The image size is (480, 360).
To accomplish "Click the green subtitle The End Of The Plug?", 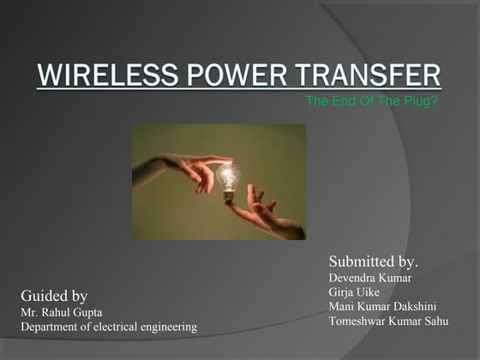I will point(371,100).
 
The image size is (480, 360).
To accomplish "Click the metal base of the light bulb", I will point(230,196).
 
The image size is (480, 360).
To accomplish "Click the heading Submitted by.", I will point(379,261).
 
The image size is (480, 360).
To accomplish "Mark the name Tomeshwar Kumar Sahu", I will point(388,321).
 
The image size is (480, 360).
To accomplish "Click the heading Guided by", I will point(54,296).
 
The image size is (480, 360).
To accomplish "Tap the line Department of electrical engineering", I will point(109,327).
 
